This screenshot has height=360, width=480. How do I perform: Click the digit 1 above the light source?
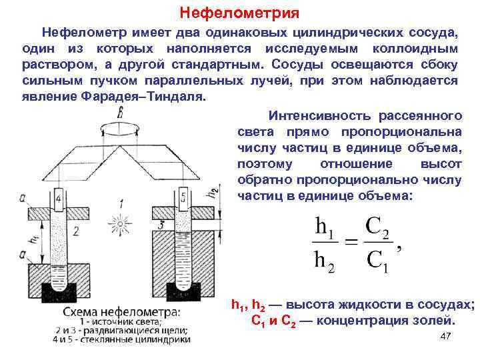tap(121, 202)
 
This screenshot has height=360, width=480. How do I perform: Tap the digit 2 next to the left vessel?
tap(77, 231)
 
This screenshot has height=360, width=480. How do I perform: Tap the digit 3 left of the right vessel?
tap(162, 225)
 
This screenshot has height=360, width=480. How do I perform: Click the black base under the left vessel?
tap(59, 291)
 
